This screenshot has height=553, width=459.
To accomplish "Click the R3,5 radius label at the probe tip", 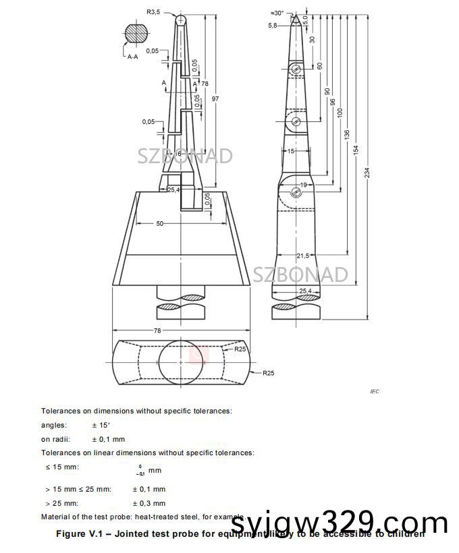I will click(x=155, y=11).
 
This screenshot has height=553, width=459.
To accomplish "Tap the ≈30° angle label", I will click(x=277, y=13).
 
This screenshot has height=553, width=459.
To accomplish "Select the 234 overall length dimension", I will click(x=367, y=173).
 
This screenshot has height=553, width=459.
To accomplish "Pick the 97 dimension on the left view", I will click(x=215, y=99).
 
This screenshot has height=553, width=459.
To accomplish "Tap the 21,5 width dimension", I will click(x=302, y=256).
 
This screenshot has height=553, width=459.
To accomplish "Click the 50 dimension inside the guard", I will click(x=160, y=223).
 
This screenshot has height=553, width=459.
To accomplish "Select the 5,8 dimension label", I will click(x=272, y=25).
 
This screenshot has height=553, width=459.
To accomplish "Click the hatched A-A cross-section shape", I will click(x=136, y=33).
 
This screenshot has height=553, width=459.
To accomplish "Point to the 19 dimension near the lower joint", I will click(x=304, y=184).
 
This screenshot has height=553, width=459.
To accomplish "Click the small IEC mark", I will click(x=375, y=391).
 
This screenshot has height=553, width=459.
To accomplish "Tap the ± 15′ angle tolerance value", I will click(x=102, y=425).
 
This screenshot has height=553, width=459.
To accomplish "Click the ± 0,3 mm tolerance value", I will click(x=148, y=503).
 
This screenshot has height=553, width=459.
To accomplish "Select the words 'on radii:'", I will click(x=55, y=439).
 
